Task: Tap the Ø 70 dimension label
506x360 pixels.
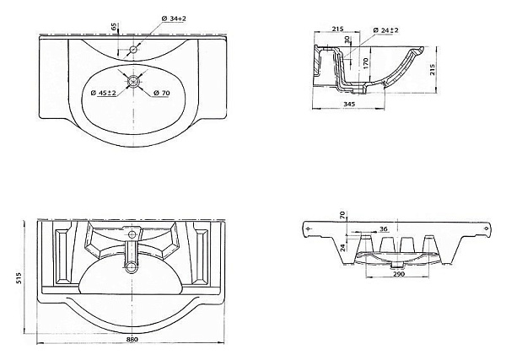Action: (x=162, y=92)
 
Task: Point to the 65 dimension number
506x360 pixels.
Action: (x=114, y=26)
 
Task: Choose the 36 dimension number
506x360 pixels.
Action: (x=383, y=229)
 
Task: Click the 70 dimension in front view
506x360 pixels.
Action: (x=342, y=215)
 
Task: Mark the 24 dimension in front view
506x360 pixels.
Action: (x=342, y=246)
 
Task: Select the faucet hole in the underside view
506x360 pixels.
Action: (x=132, y=231)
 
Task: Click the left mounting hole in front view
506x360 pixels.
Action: (x=309, y=228)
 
